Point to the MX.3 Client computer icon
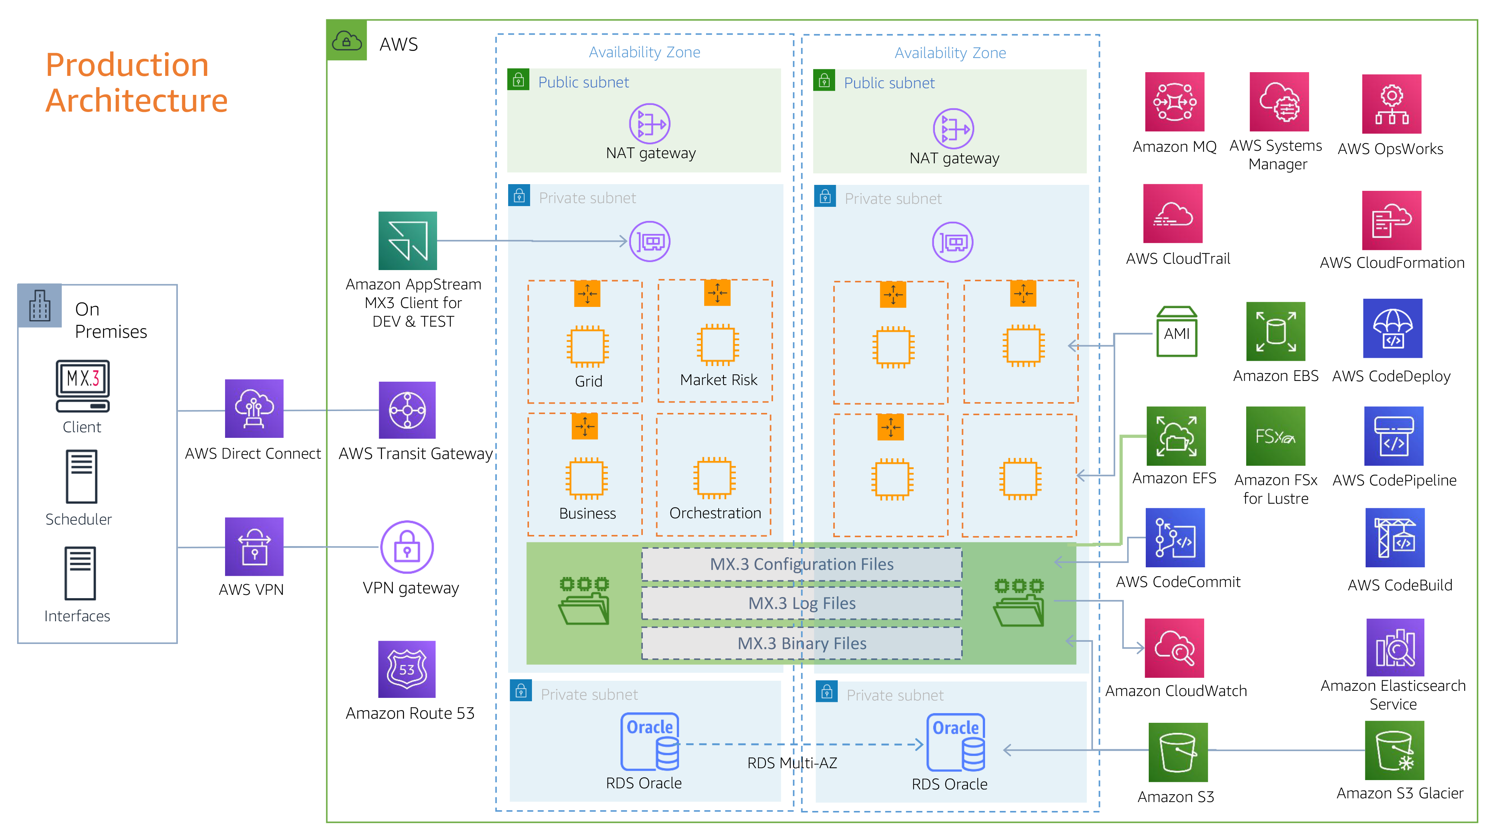coord(83,385)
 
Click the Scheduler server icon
coord(81,477)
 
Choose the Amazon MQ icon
coord(1174,102)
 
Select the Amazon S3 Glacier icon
coord(1394,750)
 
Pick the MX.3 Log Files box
coord(801,603)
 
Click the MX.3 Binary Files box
coord(801,643)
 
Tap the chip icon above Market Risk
coord(718,345)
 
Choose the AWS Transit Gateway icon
coord(407,410)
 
